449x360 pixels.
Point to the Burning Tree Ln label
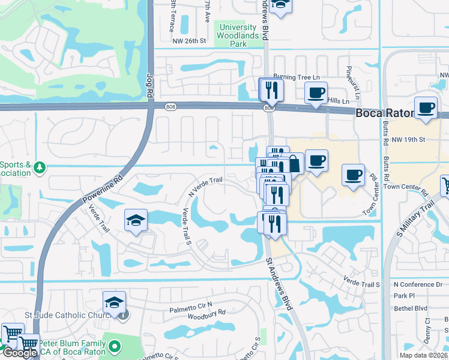coord(297,77)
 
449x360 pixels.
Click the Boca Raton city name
coord(385,113)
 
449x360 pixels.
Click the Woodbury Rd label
coord(206,313)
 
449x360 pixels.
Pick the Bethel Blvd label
coord(410,308)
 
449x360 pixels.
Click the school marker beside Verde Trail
coord(136,220)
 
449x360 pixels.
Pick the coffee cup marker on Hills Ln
coord(316,93)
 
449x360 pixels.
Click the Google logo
coord(19,353)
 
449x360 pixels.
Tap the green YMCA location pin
coord(115,346)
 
